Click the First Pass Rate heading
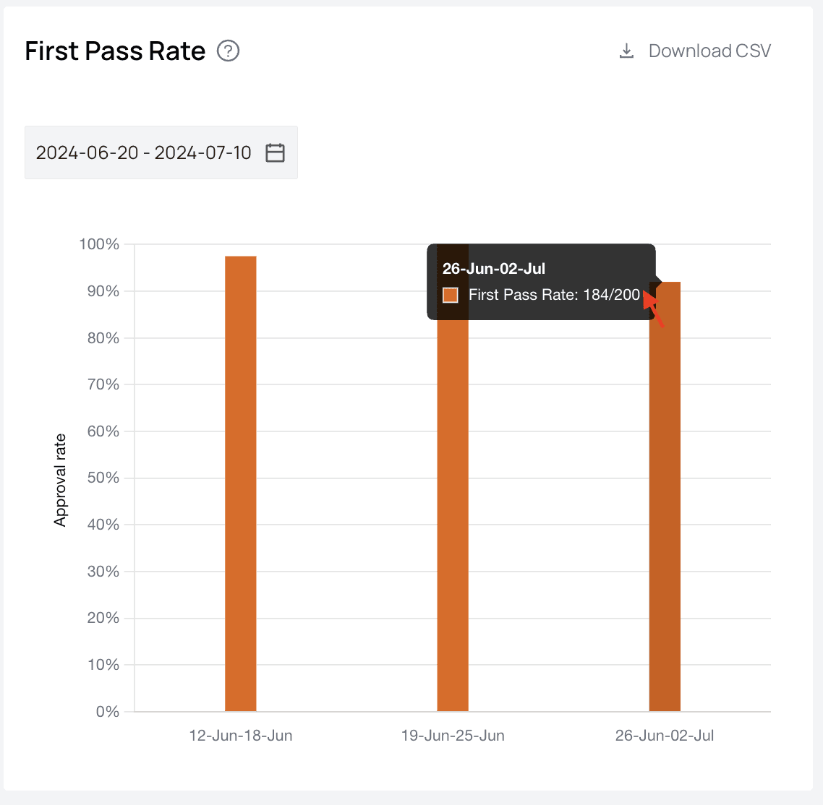115,51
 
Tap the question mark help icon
229,51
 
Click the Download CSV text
709,51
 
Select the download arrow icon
626,51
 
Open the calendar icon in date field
275,152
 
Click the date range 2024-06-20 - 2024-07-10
144,152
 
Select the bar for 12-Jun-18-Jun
241,483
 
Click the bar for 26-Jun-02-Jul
665,506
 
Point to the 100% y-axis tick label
99,244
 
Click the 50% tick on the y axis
103,478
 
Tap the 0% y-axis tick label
107,712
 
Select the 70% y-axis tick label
103,384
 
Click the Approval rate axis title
60,480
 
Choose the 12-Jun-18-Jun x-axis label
241,736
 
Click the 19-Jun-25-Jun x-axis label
453,736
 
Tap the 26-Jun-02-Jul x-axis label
665,736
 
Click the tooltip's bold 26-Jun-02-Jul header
494,269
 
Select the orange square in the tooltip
451,295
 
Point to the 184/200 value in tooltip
612,295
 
